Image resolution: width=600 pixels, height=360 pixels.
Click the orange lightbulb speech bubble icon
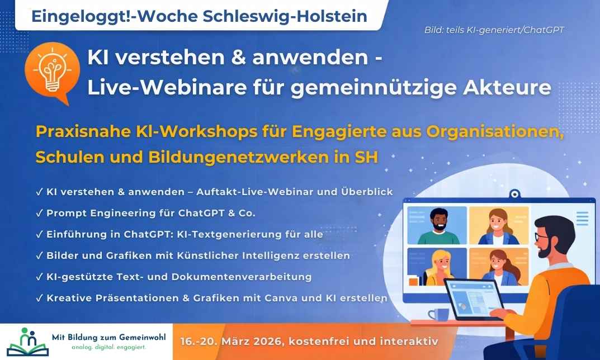coord(52,73)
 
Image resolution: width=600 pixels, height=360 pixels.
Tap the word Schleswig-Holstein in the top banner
coord(285,16)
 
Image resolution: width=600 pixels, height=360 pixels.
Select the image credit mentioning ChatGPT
coord(494,30)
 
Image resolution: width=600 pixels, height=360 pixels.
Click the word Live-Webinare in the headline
coord(167,88)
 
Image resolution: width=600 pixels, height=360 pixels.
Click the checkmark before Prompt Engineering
coord(39,214)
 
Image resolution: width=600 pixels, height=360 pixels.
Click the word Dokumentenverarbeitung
coord(242,277)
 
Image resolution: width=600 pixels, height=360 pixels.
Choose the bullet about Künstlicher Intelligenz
coord(193,255)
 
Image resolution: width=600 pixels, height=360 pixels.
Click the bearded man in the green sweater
coord(438,226)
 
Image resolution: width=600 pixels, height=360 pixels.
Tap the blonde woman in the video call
coord(440,267)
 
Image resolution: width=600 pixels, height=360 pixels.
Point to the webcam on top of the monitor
coord(514,194)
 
